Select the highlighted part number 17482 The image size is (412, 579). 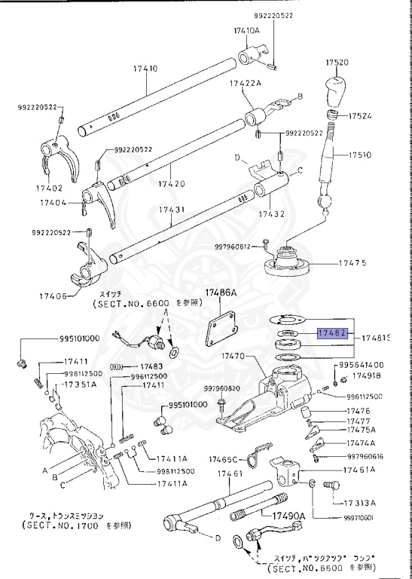coord(332,331)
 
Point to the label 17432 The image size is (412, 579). coord(272,213)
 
